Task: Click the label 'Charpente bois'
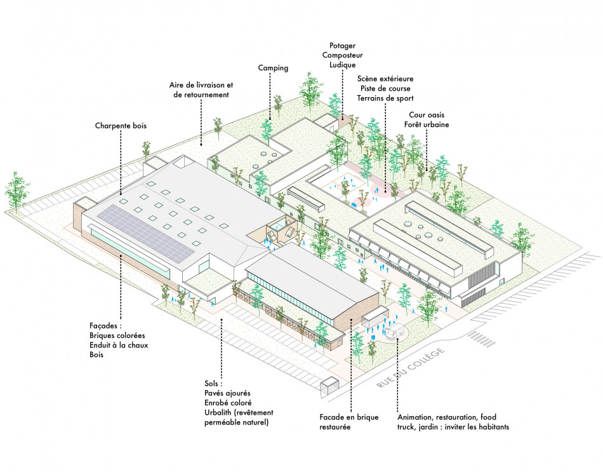coord(121,126)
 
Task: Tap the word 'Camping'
coord(274,68)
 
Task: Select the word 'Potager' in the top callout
coord(342,46)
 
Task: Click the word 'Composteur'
coord(342,55)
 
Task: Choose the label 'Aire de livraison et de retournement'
coord(202,90)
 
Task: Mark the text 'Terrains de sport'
coord(385,98)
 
